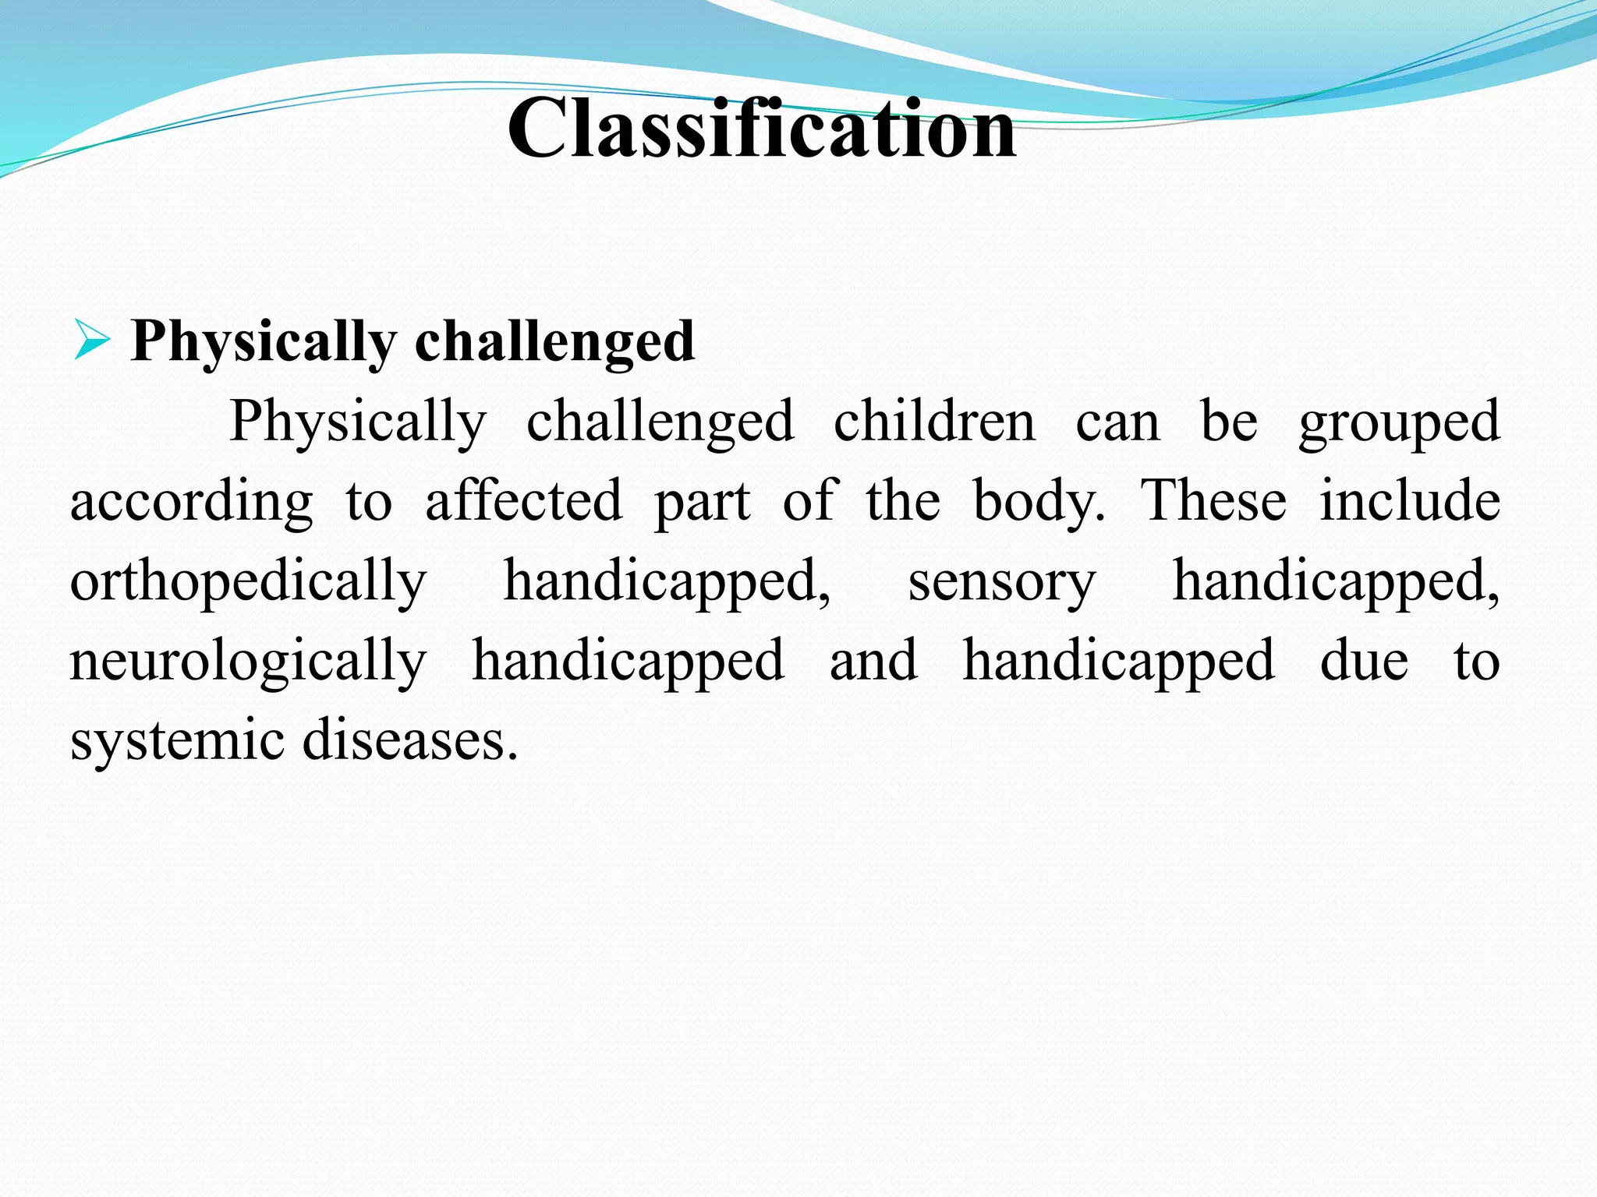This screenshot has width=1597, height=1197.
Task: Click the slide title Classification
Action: click(x=762, y=129)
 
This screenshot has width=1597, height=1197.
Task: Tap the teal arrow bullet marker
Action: click(x=91, y=341)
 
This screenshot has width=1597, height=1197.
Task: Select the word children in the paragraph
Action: click(x=934, y=422)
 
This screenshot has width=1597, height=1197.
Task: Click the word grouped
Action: click(x=1399, y=422)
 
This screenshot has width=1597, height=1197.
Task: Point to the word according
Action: click(x=192, y=502)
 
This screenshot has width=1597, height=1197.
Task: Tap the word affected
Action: click(x=523, y=502)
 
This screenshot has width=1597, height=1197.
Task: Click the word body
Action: click(x=1038, y=502)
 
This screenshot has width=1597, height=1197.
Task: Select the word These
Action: click(x=1213, y=502)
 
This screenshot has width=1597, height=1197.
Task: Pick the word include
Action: click(x=1410, y=502)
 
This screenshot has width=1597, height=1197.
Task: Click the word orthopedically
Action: click(x=248, y=581)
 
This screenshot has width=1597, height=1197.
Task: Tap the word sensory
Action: click(x=1002, y=581)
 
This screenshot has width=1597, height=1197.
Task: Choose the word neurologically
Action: click(x=248, y=662)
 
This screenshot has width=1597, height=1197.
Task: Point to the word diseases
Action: click(x=410, y=740)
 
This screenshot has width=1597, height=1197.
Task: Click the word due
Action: click(x=1364, y=662)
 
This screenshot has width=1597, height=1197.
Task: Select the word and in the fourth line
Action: click(x=873, y=662)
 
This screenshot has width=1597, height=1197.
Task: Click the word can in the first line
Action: click(x=1117, y=422)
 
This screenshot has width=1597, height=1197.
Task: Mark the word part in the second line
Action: click(x=702, y=502)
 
